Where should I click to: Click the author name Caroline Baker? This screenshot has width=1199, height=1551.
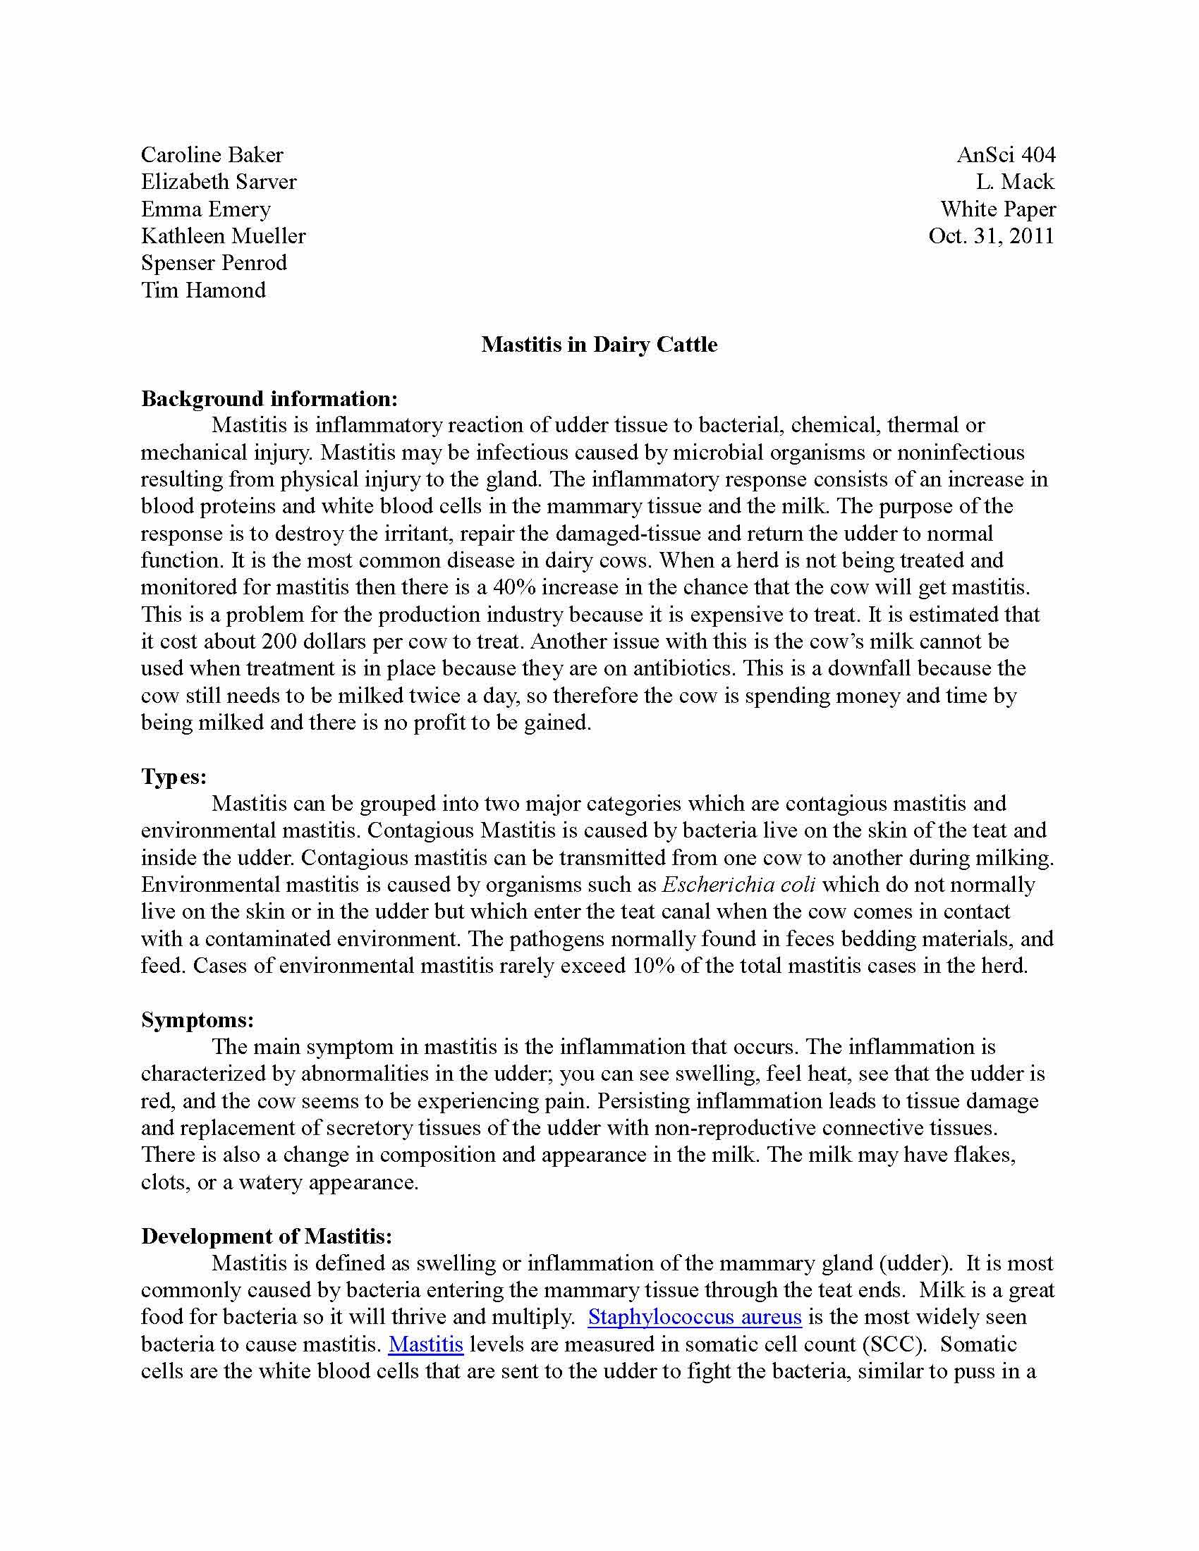click(x=212, y=155)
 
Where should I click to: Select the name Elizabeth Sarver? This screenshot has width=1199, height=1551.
click(x=218, y=182)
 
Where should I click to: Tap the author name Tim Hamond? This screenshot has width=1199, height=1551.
click(x=203, y=290)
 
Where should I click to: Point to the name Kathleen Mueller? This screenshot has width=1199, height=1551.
click(x=223, y=235)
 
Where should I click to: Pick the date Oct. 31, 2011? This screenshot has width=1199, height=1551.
click(x=991, y=235)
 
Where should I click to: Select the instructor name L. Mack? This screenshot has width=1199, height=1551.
click(x=1015, y=182)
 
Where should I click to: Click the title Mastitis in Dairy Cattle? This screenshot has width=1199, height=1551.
click(x=599, y=345)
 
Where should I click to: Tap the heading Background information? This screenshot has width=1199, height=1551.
click(x=269, y=398)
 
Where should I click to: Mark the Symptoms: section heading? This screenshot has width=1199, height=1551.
click(x=197, y=1020)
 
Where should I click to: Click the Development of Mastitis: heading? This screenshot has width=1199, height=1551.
click(x=267, y=1237)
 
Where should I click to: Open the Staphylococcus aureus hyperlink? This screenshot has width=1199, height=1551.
click(x=695, y=1318)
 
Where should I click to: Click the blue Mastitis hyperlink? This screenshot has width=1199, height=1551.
click(x=426, y=1344)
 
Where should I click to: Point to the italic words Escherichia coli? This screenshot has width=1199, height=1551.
click(x=738, y=885)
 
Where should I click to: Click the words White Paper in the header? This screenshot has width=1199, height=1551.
click(x=998, y=209)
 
